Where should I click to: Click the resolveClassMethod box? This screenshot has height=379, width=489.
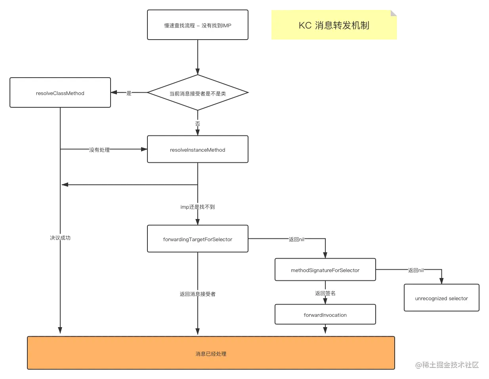click(x=60, y=93)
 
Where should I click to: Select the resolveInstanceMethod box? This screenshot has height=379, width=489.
click(x=197, y=150)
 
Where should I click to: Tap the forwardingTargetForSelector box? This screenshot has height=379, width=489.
click(x=197, y=239)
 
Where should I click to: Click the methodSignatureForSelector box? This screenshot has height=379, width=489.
click(x=325, y=270)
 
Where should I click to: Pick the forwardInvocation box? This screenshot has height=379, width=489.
click(x=325, y=315)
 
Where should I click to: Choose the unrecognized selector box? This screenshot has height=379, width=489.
click(x=441, y=298)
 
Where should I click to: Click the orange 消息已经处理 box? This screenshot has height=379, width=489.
click(x=211, y=353)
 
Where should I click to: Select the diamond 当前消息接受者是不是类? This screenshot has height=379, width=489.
click(x=197, y=93)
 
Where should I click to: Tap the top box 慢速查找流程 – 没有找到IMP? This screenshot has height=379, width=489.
click(x=197, y=25)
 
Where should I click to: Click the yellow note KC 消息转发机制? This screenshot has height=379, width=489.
click(x=334, y=25)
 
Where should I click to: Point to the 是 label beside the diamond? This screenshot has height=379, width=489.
click(x=128, y=93)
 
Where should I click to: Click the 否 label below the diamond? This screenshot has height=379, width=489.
click(x=197, y=123)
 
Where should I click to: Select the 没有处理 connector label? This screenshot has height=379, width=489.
click(x=99, y=150)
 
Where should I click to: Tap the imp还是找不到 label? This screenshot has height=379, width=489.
click(x=197, y=207)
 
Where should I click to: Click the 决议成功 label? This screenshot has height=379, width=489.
click(x=60, y=238)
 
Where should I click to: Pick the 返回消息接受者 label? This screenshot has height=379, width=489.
click(x=197, y=294)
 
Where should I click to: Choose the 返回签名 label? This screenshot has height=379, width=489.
click(x=325, y=293)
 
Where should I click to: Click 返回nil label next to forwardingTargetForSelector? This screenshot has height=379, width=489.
click(x=297, y=239)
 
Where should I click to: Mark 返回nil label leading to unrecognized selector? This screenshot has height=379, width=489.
click(x=416, y=270)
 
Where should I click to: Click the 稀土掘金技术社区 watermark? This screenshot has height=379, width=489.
click(x=447, y=364)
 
